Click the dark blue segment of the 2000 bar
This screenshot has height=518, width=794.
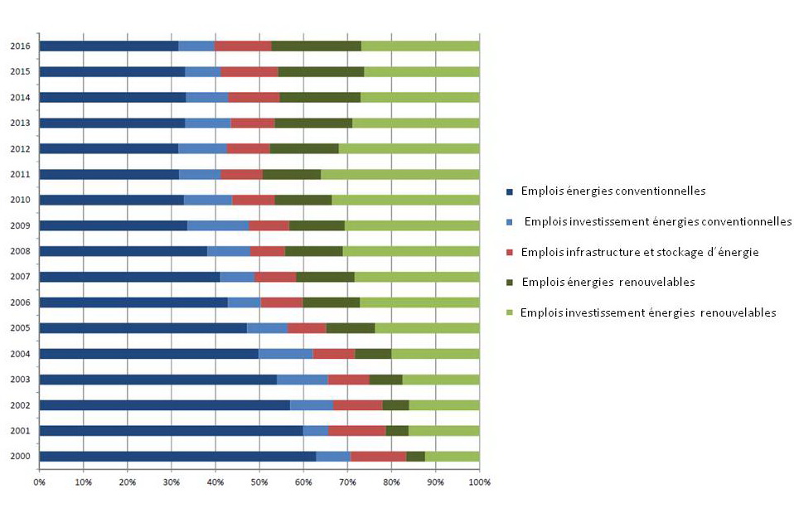pos(177,456)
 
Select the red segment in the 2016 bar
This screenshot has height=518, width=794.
pos(243,46)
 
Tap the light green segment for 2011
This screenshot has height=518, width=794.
pos(399,174)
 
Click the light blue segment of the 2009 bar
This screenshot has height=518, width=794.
pos(217,225)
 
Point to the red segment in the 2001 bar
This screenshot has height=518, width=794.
pos(356,430)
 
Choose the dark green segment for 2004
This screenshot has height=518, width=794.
pos(373,353)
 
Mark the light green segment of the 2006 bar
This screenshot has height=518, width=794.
pos(419,302)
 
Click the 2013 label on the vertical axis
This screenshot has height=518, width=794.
pos(22,123)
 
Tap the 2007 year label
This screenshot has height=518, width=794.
pos(22,277)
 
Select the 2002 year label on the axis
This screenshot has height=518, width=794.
pos(22,404)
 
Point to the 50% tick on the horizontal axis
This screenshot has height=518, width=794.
pos(259,481)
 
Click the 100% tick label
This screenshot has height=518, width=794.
pos(479,481)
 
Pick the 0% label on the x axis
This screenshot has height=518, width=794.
pos(39,481)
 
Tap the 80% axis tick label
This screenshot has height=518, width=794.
pos(391,481)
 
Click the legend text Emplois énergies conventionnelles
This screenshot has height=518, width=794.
pos(612,191)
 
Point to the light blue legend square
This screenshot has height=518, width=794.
pos(510,222)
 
